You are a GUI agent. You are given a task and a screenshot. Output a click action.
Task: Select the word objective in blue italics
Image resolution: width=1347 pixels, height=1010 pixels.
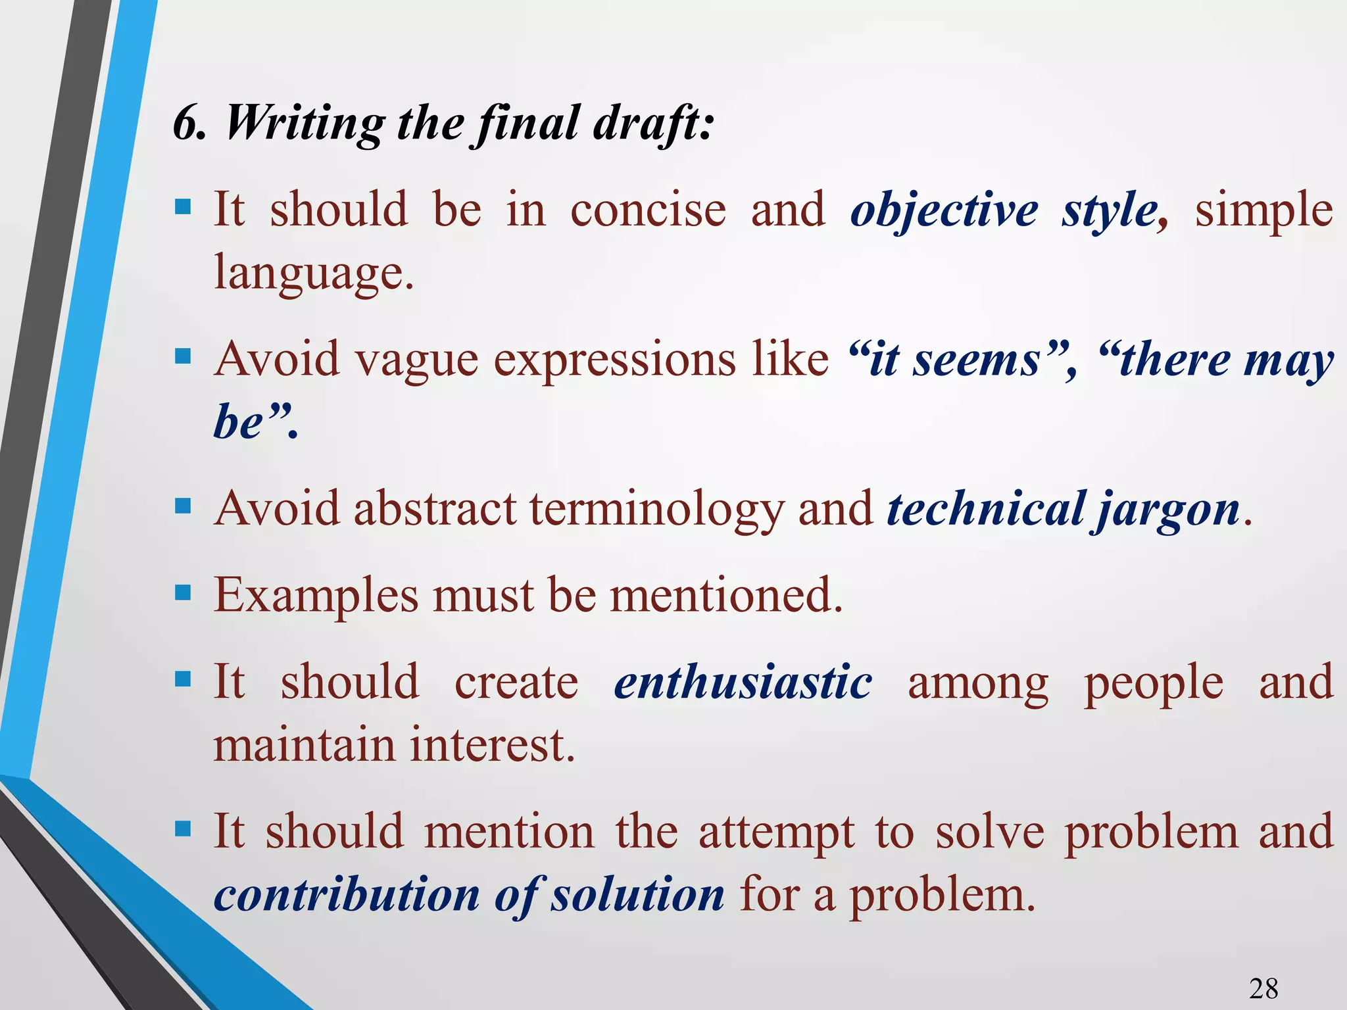[x=944, y=210]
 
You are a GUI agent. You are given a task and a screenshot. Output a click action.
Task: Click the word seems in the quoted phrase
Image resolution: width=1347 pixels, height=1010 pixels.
[x=976, y=360]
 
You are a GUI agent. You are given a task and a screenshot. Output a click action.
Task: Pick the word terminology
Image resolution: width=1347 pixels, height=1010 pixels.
[x=656, y=510]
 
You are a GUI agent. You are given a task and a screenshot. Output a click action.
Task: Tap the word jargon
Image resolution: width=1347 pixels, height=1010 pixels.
[x=1167, y=510]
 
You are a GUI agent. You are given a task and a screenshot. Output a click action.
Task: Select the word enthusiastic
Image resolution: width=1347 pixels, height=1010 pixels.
[x=743, y=682]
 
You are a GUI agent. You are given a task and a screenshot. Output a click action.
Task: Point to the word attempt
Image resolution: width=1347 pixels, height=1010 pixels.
[x=776, y=832]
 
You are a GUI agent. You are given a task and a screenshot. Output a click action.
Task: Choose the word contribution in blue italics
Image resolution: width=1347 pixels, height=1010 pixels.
[x=347, y=895]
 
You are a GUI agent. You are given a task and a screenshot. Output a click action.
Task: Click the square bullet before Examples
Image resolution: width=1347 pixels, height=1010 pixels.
[x=182, y=592]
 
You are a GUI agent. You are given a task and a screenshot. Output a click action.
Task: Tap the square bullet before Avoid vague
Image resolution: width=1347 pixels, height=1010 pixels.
[x=182, y=357]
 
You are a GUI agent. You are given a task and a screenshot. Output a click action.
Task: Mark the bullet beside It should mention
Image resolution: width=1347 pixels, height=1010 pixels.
[x=182, y=829]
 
